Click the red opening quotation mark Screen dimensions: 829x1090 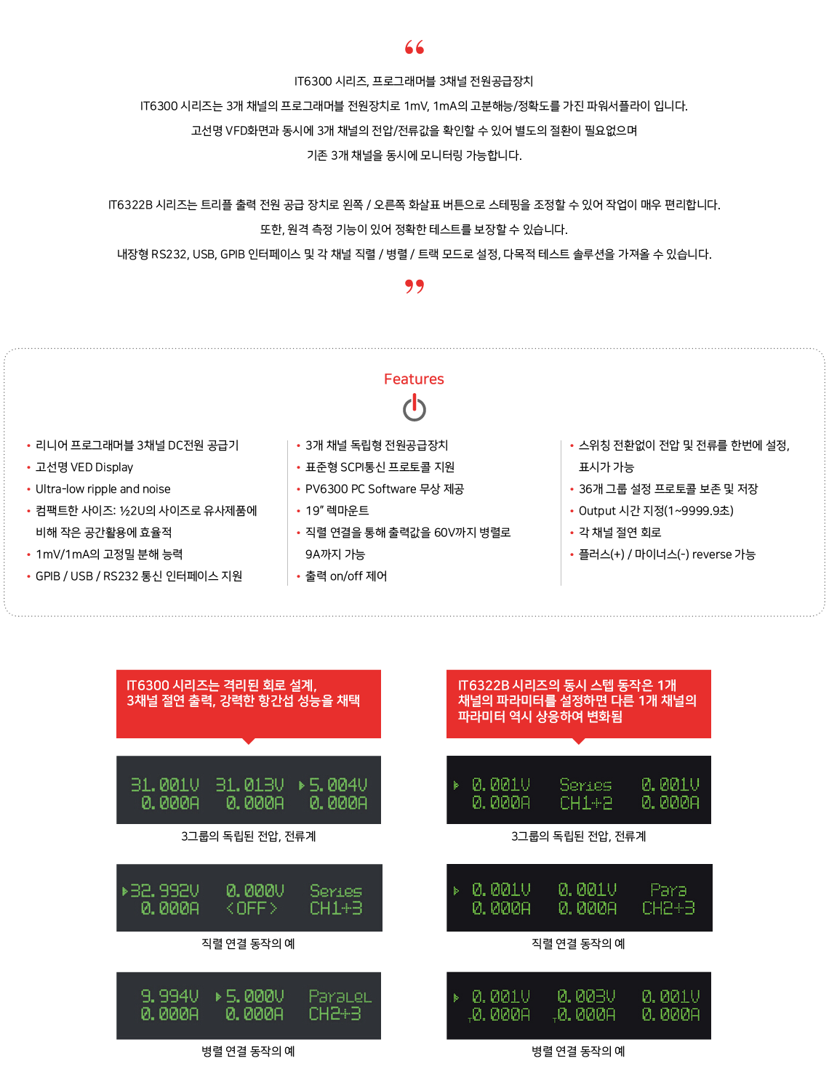pos(414,47)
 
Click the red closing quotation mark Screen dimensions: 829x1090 pos(414,286)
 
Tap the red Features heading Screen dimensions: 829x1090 pos(414,379)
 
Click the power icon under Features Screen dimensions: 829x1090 pos(414,408)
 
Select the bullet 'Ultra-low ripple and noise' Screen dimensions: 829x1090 pos(103,489)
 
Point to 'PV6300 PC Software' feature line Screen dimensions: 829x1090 pos(385,489)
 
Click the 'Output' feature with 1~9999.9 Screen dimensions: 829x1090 pos(656,511)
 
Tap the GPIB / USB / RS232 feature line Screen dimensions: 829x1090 pos(139,576)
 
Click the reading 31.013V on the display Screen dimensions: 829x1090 pos(249,785)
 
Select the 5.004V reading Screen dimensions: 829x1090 pos(337,785)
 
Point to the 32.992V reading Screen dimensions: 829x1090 pos(164,891)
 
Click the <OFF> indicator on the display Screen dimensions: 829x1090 pos(252,909)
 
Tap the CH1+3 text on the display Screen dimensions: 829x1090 pos(336,909)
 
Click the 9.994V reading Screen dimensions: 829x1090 pos(169,996)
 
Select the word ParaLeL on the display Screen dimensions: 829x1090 pos(340,996)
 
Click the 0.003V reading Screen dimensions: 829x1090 pos(586,996)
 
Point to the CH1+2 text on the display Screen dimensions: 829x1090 pos(586,803)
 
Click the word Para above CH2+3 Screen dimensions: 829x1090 pos(668,890)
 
